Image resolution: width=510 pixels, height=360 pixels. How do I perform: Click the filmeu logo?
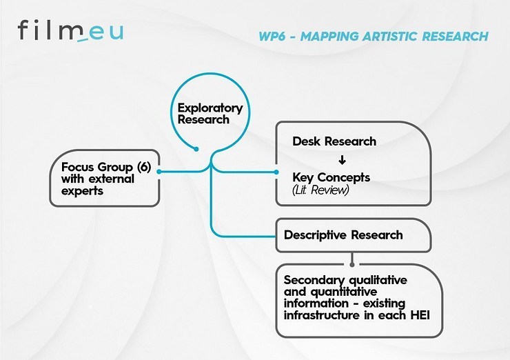tap(70, 30)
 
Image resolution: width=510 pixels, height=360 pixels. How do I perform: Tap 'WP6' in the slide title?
tap(272, 36)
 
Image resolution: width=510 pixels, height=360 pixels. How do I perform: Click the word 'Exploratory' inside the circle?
tap(210, 108)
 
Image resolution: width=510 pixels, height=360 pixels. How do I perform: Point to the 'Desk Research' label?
tap(334, 141)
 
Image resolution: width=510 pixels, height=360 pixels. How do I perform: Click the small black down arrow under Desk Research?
tap(342, 160)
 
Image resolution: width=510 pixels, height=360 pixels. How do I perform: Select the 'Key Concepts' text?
tap(331, 177)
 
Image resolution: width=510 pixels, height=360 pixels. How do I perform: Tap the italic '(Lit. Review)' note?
tap(320, 190)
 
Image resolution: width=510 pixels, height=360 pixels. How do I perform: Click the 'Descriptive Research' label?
tap(343, 235)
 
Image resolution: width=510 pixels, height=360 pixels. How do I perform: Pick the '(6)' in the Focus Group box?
tap(144, 167)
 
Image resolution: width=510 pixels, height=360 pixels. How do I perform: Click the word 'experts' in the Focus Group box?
tap(82, 191)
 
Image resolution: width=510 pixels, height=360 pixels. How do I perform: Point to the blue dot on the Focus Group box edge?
tap(159, 172)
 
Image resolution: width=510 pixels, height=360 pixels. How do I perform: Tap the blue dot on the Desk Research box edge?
tap(276, 172)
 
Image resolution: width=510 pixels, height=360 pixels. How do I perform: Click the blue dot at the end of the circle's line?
tap(196, 149)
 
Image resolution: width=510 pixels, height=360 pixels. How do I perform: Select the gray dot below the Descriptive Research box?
tap(352, 265)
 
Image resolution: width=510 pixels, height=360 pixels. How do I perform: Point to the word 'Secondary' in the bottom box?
tap(314, 280)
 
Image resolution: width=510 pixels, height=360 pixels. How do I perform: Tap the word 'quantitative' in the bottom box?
tap(344, 292)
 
